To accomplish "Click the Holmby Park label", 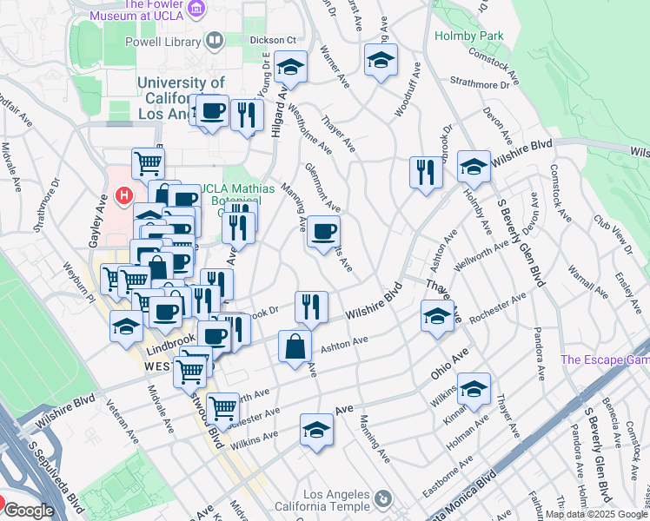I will tap(456, 36).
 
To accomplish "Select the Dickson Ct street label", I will tap(273, 40).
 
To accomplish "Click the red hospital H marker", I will tap(124, 196).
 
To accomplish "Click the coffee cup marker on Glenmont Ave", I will tap(324, 231).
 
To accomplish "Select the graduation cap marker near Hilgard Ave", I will tap(290, 66).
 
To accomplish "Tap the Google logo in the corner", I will tap(28, 511).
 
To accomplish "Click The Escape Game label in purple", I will tap(605, 359).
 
